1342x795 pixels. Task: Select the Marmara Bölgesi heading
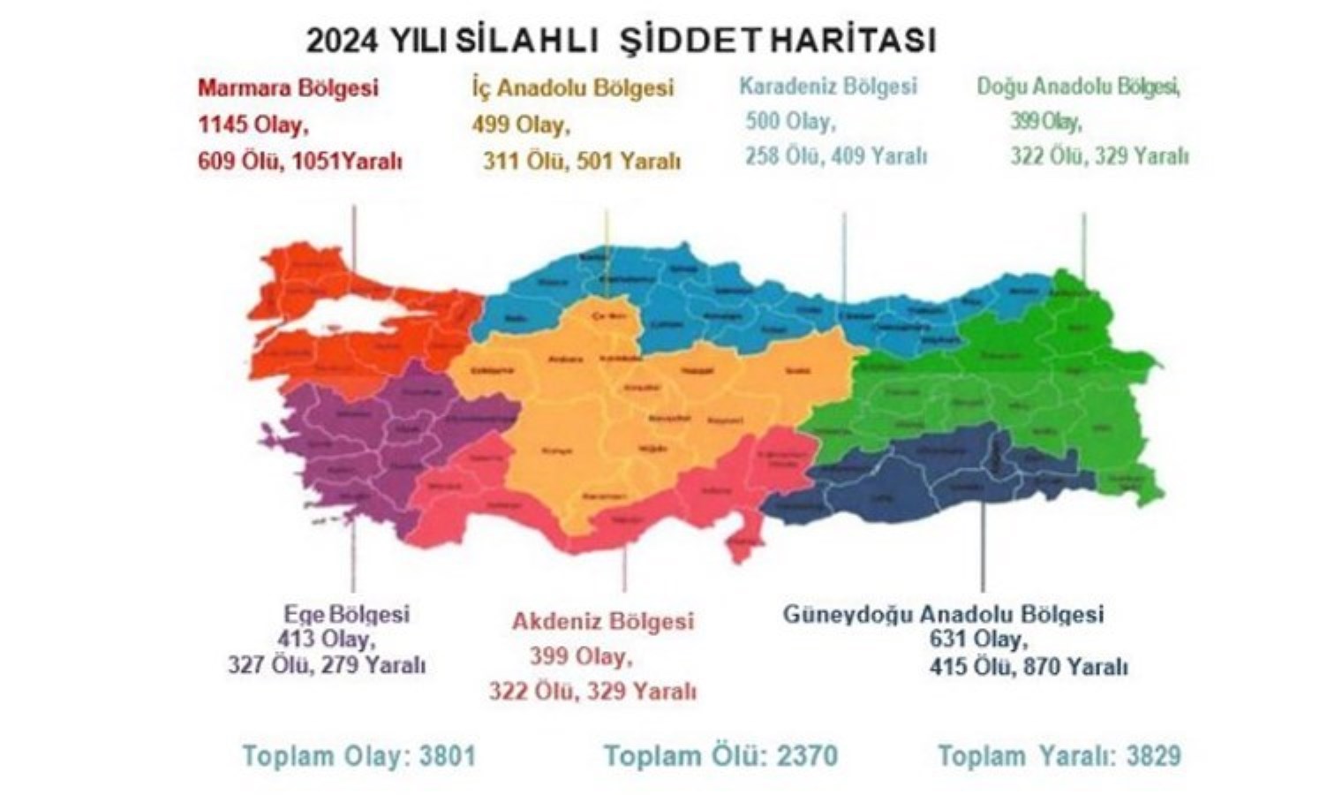coord(288,88)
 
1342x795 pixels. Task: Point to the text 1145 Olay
coord(253,125)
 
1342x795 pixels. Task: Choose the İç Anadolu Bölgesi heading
coord(572,88)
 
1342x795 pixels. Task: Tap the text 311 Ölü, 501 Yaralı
coord(581,162)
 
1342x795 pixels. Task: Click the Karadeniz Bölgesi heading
coord(827,87)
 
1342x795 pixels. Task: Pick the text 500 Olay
coord(789,122)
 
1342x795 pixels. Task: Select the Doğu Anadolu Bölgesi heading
coord(1078,87)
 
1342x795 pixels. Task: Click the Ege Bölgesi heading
coord(346,614)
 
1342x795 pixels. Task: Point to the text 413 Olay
coord(326,639)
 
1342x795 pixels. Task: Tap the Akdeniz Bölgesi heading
coord(602,621)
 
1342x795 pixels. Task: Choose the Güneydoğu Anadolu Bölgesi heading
coord(943,614)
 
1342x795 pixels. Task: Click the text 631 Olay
coord(977,640)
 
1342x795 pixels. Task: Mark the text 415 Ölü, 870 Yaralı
coord(1028,667)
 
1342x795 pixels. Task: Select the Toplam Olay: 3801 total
coord(358,756)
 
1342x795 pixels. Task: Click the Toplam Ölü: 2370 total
coord(720,756)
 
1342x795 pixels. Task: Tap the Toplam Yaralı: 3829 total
coord(1059,756)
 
